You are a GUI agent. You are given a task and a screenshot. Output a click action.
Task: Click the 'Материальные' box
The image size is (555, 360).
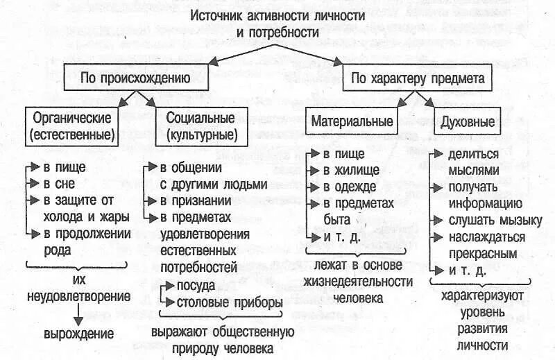[352, 121]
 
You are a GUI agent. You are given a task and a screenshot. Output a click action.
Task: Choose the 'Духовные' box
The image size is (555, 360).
[468, 122]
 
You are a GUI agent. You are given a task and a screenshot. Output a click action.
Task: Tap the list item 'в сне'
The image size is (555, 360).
[59, 184]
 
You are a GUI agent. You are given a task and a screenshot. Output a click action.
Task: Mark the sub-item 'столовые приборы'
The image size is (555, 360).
[230, 302]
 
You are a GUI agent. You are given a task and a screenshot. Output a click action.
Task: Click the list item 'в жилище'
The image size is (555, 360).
[350, 169]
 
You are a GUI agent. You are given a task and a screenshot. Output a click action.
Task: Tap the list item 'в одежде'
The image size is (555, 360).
[350, 186]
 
